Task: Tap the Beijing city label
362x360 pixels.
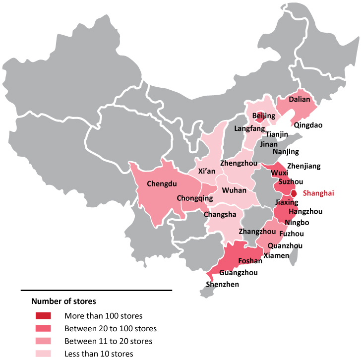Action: click(x=263, y=116)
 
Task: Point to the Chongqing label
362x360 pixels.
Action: click(x=195, y=198)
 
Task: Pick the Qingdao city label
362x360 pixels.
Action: click(x=308, y=125)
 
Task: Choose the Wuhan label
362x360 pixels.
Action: click(x=234, y=190)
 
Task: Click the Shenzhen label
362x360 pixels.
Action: click(x=222, y=284)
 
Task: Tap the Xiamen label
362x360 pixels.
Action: click(x=276, y=255)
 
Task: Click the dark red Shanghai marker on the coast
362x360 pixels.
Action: click(x=294, y=193)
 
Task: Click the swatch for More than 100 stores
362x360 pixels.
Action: click(x=43, y=315)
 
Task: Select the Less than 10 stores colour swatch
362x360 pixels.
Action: click(x=43, y=354)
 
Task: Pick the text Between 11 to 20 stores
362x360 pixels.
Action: click(x=108, y=341)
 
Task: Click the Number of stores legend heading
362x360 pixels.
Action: click(x=63, y=300)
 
